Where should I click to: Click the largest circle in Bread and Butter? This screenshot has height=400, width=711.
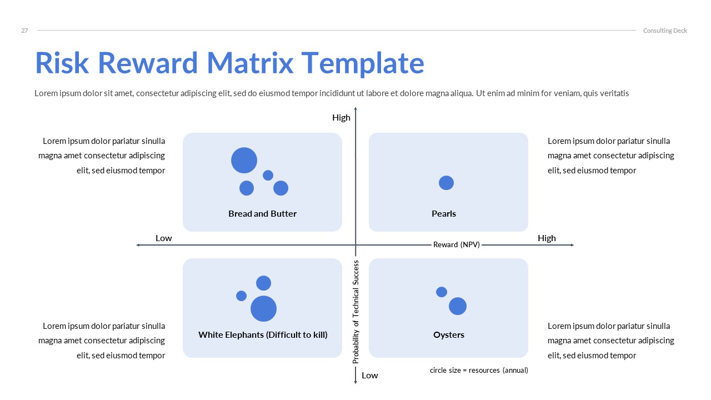point(244,161)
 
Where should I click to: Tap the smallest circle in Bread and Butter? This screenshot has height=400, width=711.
point(268,175)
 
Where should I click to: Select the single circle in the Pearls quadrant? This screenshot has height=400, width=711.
point(446,182)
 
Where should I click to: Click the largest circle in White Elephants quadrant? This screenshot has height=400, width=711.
point(263,308)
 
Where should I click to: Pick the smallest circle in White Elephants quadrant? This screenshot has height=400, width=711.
point(241,296)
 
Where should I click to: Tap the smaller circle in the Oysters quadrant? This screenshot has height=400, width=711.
point(442,292)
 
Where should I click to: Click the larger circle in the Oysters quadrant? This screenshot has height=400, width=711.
point(457,306)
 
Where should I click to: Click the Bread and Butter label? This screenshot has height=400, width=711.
point(262,213)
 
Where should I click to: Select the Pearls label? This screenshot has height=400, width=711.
point(443,213)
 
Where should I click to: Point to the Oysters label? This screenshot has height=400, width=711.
point(448,334)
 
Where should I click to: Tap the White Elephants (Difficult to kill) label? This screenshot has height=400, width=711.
point(263,334)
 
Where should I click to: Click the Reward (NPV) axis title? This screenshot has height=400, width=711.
point(456,244)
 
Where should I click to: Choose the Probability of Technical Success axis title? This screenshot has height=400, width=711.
point(356,312)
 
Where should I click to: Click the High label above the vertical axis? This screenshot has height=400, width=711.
point(341,117)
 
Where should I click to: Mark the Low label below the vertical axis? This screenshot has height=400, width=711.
point(369,375)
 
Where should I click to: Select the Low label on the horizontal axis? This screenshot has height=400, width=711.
point(163,238)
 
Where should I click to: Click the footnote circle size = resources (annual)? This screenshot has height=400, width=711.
point(478,370)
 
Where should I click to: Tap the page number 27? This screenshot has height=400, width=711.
point(24,31)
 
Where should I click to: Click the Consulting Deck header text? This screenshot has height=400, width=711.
point(665,31)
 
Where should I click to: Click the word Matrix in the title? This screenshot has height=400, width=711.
point(249,63)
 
